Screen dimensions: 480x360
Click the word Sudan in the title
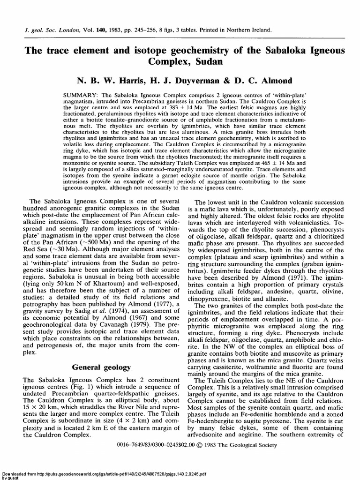tap(208, 61)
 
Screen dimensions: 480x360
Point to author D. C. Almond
tap(255, 81)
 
